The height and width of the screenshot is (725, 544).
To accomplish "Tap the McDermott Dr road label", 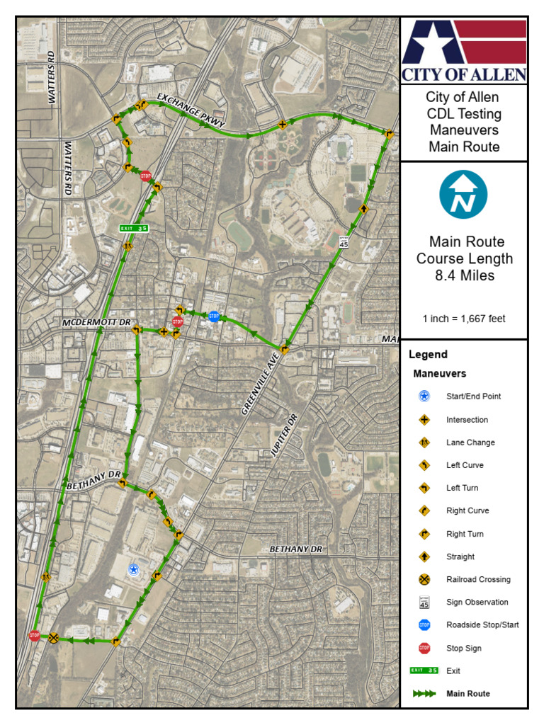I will click(x=96, y=322).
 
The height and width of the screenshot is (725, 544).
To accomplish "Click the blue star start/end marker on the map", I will click(x=132, y=569).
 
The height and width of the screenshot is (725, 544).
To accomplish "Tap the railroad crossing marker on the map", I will click(x=53, y=637).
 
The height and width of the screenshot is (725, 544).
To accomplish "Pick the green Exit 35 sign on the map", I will click(x=134, y=228).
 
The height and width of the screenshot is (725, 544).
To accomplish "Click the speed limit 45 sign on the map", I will click(x=344, y=242).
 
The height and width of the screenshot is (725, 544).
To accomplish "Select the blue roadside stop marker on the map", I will click(x=213, y=316).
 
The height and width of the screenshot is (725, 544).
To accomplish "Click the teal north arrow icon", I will click(x=464, y=194).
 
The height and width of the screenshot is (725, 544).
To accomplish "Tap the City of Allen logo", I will click(x=464, y=50).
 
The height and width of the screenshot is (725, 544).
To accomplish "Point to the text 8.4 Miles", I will click(x=464, y=275).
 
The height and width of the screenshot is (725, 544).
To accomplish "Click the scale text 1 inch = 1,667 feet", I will click(x=464, y=319).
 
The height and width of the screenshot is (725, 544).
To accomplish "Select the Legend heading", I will click(x=429, y=355).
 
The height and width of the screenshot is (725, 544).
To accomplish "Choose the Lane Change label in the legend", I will click(x=470, y=443).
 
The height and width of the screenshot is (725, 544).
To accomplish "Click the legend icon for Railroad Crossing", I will click(x=424, y=579).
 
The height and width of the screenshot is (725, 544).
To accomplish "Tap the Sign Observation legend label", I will click(x=477, y=603).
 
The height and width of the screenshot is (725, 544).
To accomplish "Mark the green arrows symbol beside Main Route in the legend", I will click(x=424, y=694).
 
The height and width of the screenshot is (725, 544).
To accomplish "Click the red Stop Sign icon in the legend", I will click(x=424, y=648).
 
